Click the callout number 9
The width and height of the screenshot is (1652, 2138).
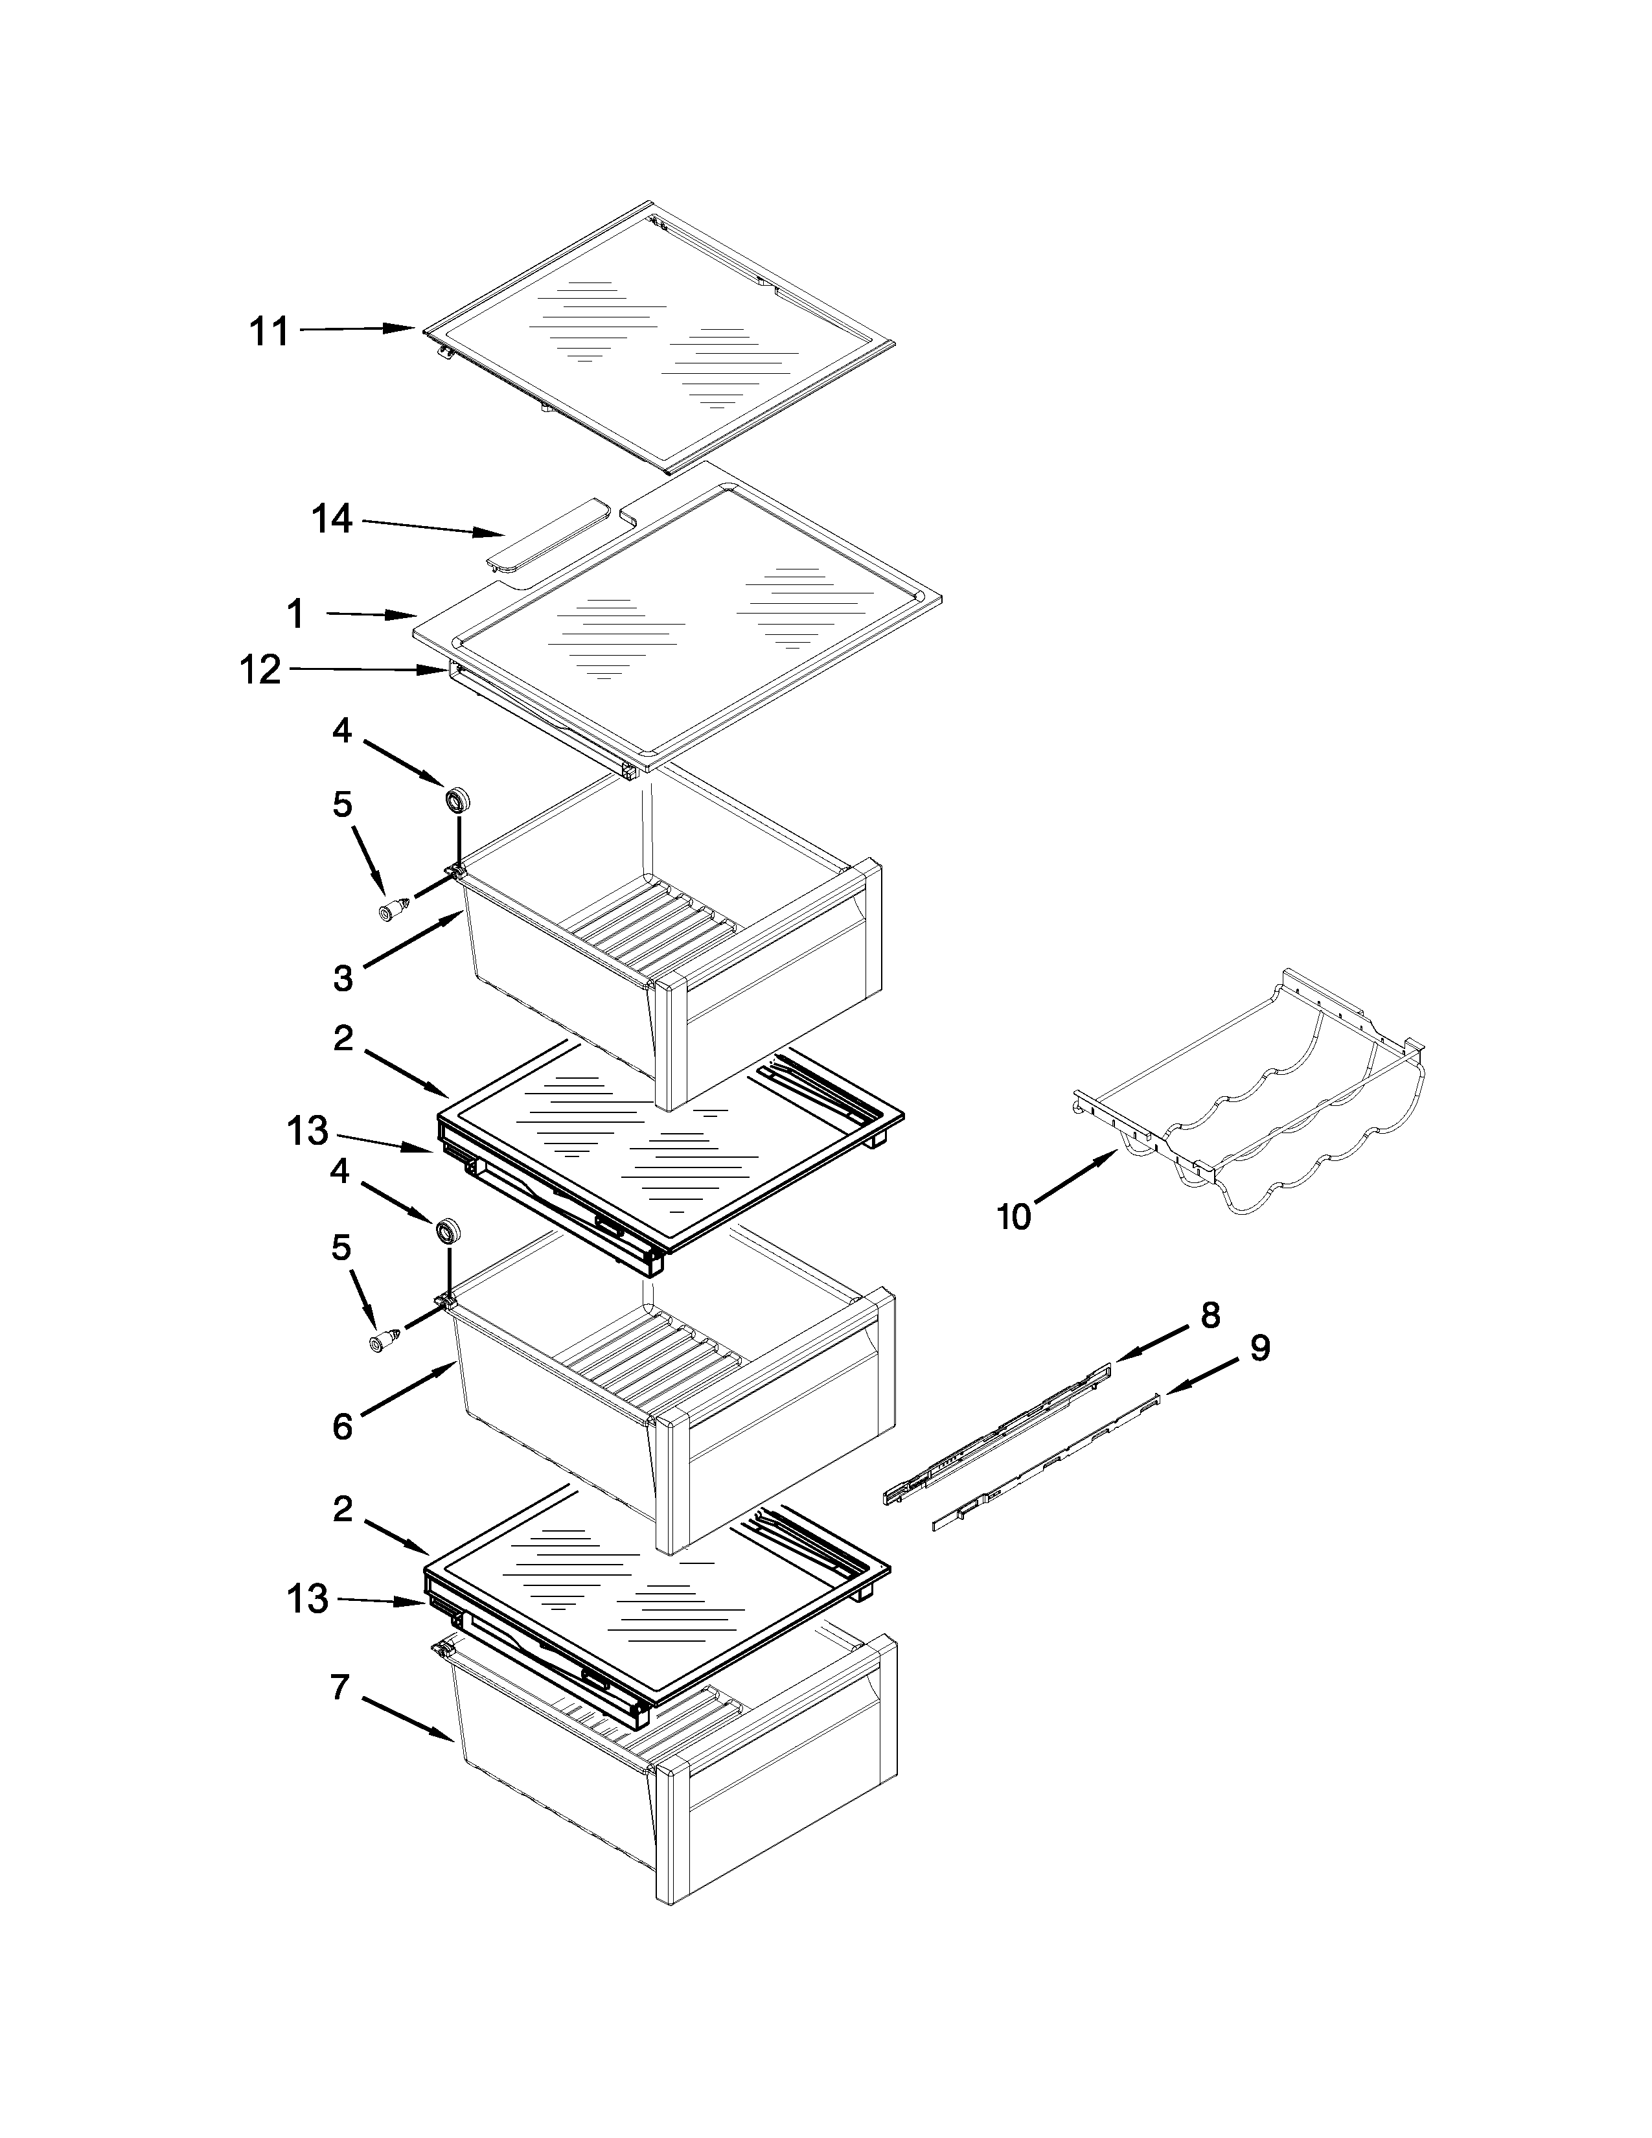(x=1261, y=1348)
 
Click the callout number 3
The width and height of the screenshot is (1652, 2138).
(x=343, y=977)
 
